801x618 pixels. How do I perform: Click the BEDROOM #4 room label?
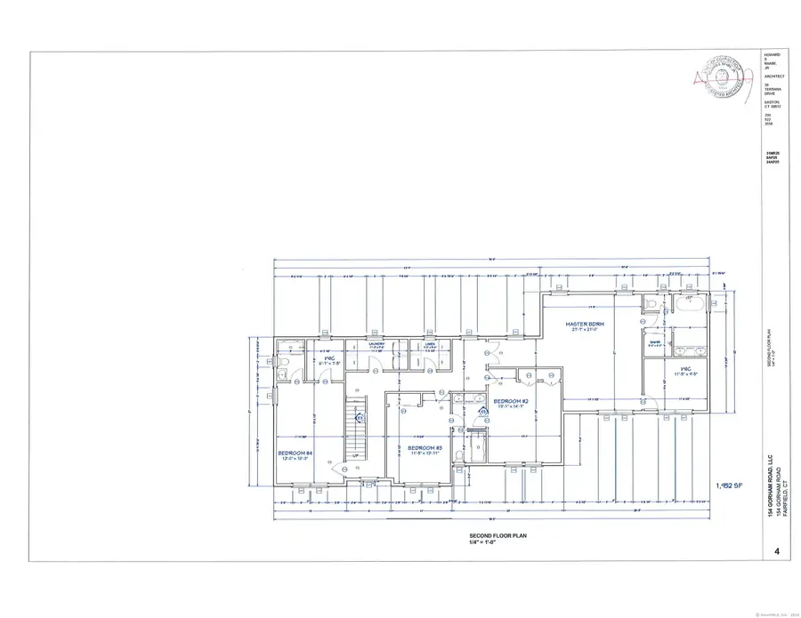295,453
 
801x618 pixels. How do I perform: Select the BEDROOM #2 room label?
511,402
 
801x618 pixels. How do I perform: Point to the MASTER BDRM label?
585,325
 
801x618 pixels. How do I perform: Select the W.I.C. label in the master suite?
685,369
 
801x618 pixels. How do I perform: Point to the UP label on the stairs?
354,455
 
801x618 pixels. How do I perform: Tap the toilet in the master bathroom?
652,305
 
